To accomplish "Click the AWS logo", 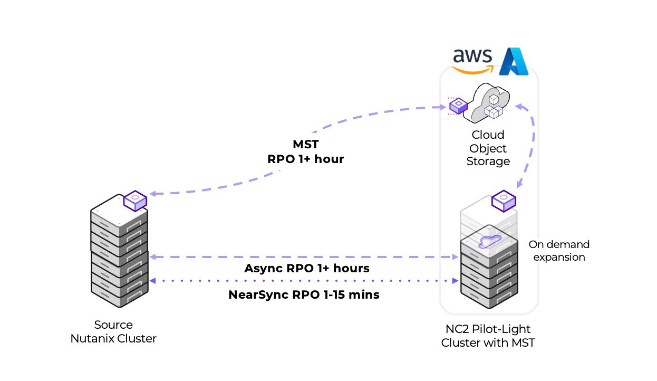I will (x=472, y=60).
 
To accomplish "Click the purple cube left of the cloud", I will (x=458, y=106).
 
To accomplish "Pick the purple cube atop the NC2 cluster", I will (x=504, y=201).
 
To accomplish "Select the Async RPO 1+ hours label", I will (x=306, y=268).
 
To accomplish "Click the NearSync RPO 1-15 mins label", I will (x=304, y=294).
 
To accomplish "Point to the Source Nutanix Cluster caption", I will (x=113, y=331).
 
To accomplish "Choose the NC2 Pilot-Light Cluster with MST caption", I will (x=488, y=336).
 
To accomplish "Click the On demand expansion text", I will (x=559, y=251).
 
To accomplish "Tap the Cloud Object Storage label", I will (x=488, y=148).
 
